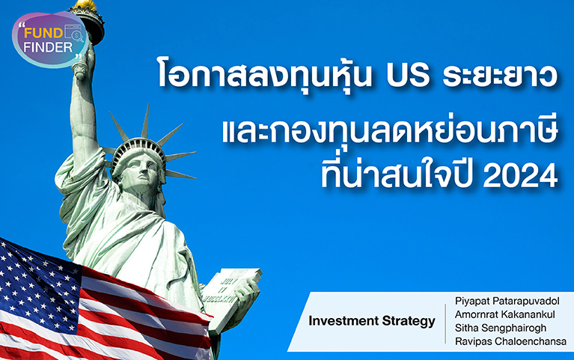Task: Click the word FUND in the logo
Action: tap(43, 34)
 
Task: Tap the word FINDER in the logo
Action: tap(48, 47)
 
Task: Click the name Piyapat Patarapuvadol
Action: tap(507, 301)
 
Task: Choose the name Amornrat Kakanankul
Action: tap(505, 314)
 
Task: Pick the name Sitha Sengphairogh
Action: tap(501, 328)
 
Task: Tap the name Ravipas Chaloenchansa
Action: tap(510, 341)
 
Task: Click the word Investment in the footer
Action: tap(344, 320)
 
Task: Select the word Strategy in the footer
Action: tap(409, 321)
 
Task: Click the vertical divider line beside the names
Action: tap(445, 324)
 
